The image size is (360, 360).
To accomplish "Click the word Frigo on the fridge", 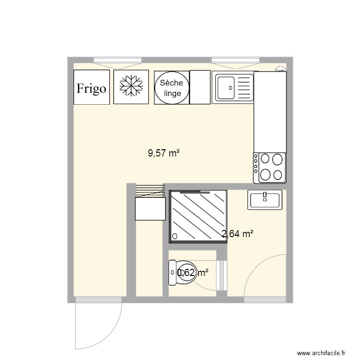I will tap(92, 89).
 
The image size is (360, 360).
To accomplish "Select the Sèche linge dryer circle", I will tap(172, 87).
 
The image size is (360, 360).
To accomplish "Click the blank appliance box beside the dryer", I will tap(200, 87).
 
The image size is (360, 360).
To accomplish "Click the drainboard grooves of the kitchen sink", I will tap(245, 88).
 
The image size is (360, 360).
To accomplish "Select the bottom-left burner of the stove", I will tap(265, 175).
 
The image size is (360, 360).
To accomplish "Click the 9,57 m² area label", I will tap(164, 154).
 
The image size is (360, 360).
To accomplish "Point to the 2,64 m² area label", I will tap(237, 234).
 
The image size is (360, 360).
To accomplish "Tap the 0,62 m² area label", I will tap(192, 273).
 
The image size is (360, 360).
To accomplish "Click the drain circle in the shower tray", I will tap(175, 236).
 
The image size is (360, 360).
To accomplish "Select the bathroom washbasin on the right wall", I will tap(264, 199).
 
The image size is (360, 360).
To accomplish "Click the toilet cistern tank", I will tap(172, 274).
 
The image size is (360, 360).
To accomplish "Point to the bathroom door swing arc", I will tap(254, 269).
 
